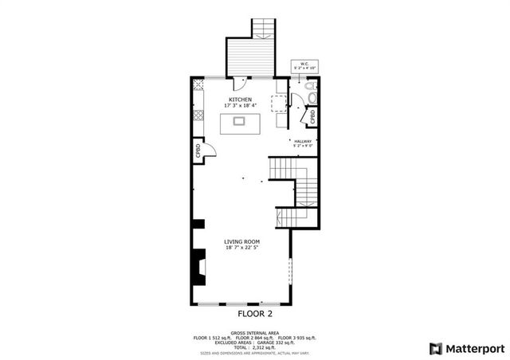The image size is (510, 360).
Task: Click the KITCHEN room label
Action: (x=240, y=100)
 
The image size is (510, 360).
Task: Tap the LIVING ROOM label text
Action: (x=240, y=241)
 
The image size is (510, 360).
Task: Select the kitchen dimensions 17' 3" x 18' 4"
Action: (x=240, y=106)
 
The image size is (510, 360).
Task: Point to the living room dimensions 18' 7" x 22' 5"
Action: (x=240, y=248)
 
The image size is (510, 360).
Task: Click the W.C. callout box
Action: (x=304, y=65)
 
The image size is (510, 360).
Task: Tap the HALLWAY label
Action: (x=304, y=141)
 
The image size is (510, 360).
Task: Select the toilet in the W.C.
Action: (x=312, y=99)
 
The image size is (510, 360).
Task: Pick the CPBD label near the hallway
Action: (x=313, y=117)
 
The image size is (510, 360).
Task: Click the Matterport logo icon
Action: (x=434, y=348)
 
